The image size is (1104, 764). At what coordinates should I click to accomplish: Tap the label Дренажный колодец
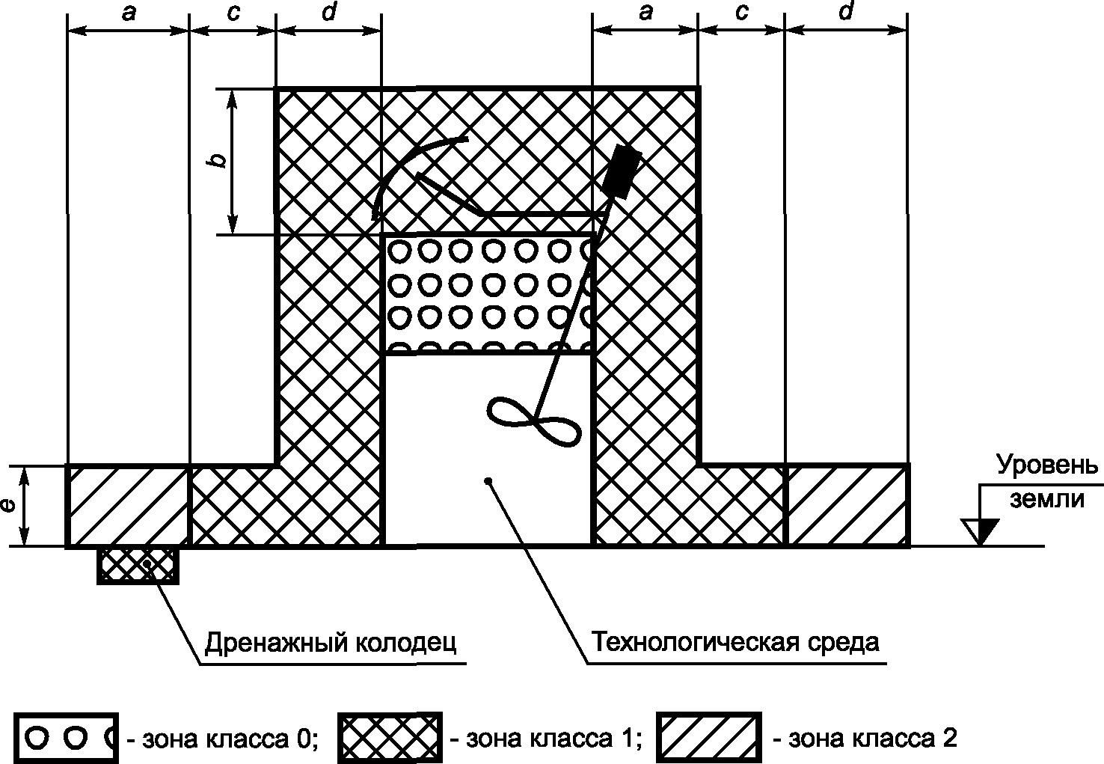(331, 641)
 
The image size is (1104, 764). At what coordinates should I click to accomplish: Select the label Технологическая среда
(735, 641)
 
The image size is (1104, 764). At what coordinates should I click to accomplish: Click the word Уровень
(1047, 465)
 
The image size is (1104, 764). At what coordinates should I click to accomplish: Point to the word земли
(1047, 498)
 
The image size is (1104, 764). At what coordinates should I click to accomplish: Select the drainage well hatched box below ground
(138, 564)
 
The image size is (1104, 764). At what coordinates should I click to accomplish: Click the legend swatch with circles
(66, 739)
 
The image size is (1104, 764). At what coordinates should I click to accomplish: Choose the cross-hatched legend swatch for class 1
(390, 739)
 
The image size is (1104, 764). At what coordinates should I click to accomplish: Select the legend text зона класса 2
(864, 739)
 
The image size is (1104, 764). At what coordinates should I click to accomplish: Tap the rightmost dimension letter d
(846, 13)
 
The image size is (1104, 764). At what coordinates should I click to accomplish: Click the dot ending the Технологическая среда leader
(488, 480)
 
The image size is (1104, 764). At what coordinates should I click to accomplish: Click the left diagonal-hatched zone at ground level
(128, 506)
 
